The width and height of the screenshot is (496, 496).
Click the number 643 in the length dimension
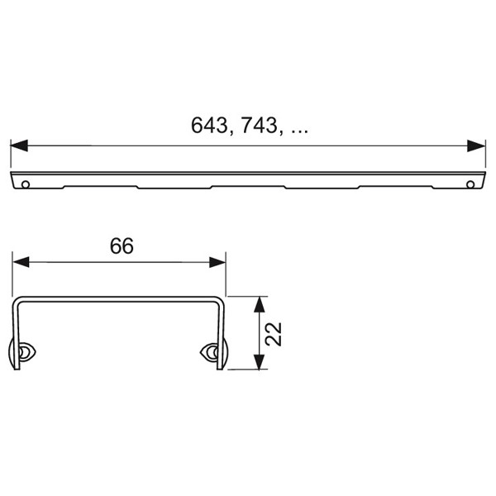209,125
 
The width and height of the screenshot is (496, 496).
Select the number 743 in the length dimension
259,125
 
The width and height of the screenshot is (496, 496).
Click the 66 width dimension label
122,246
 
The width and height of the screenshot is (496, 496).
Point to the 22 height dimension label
274,334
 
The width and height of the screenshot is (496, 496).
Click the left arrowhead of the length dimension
19,145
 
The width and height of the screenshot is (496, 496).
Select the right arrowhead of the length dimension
476,145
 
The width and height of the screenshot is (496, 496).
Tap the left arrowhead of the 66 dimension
21,262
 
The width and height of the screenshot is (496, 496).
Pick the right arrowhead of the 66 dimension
217,262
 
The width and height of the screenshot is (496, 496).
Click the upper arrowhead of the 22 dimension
260,304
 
